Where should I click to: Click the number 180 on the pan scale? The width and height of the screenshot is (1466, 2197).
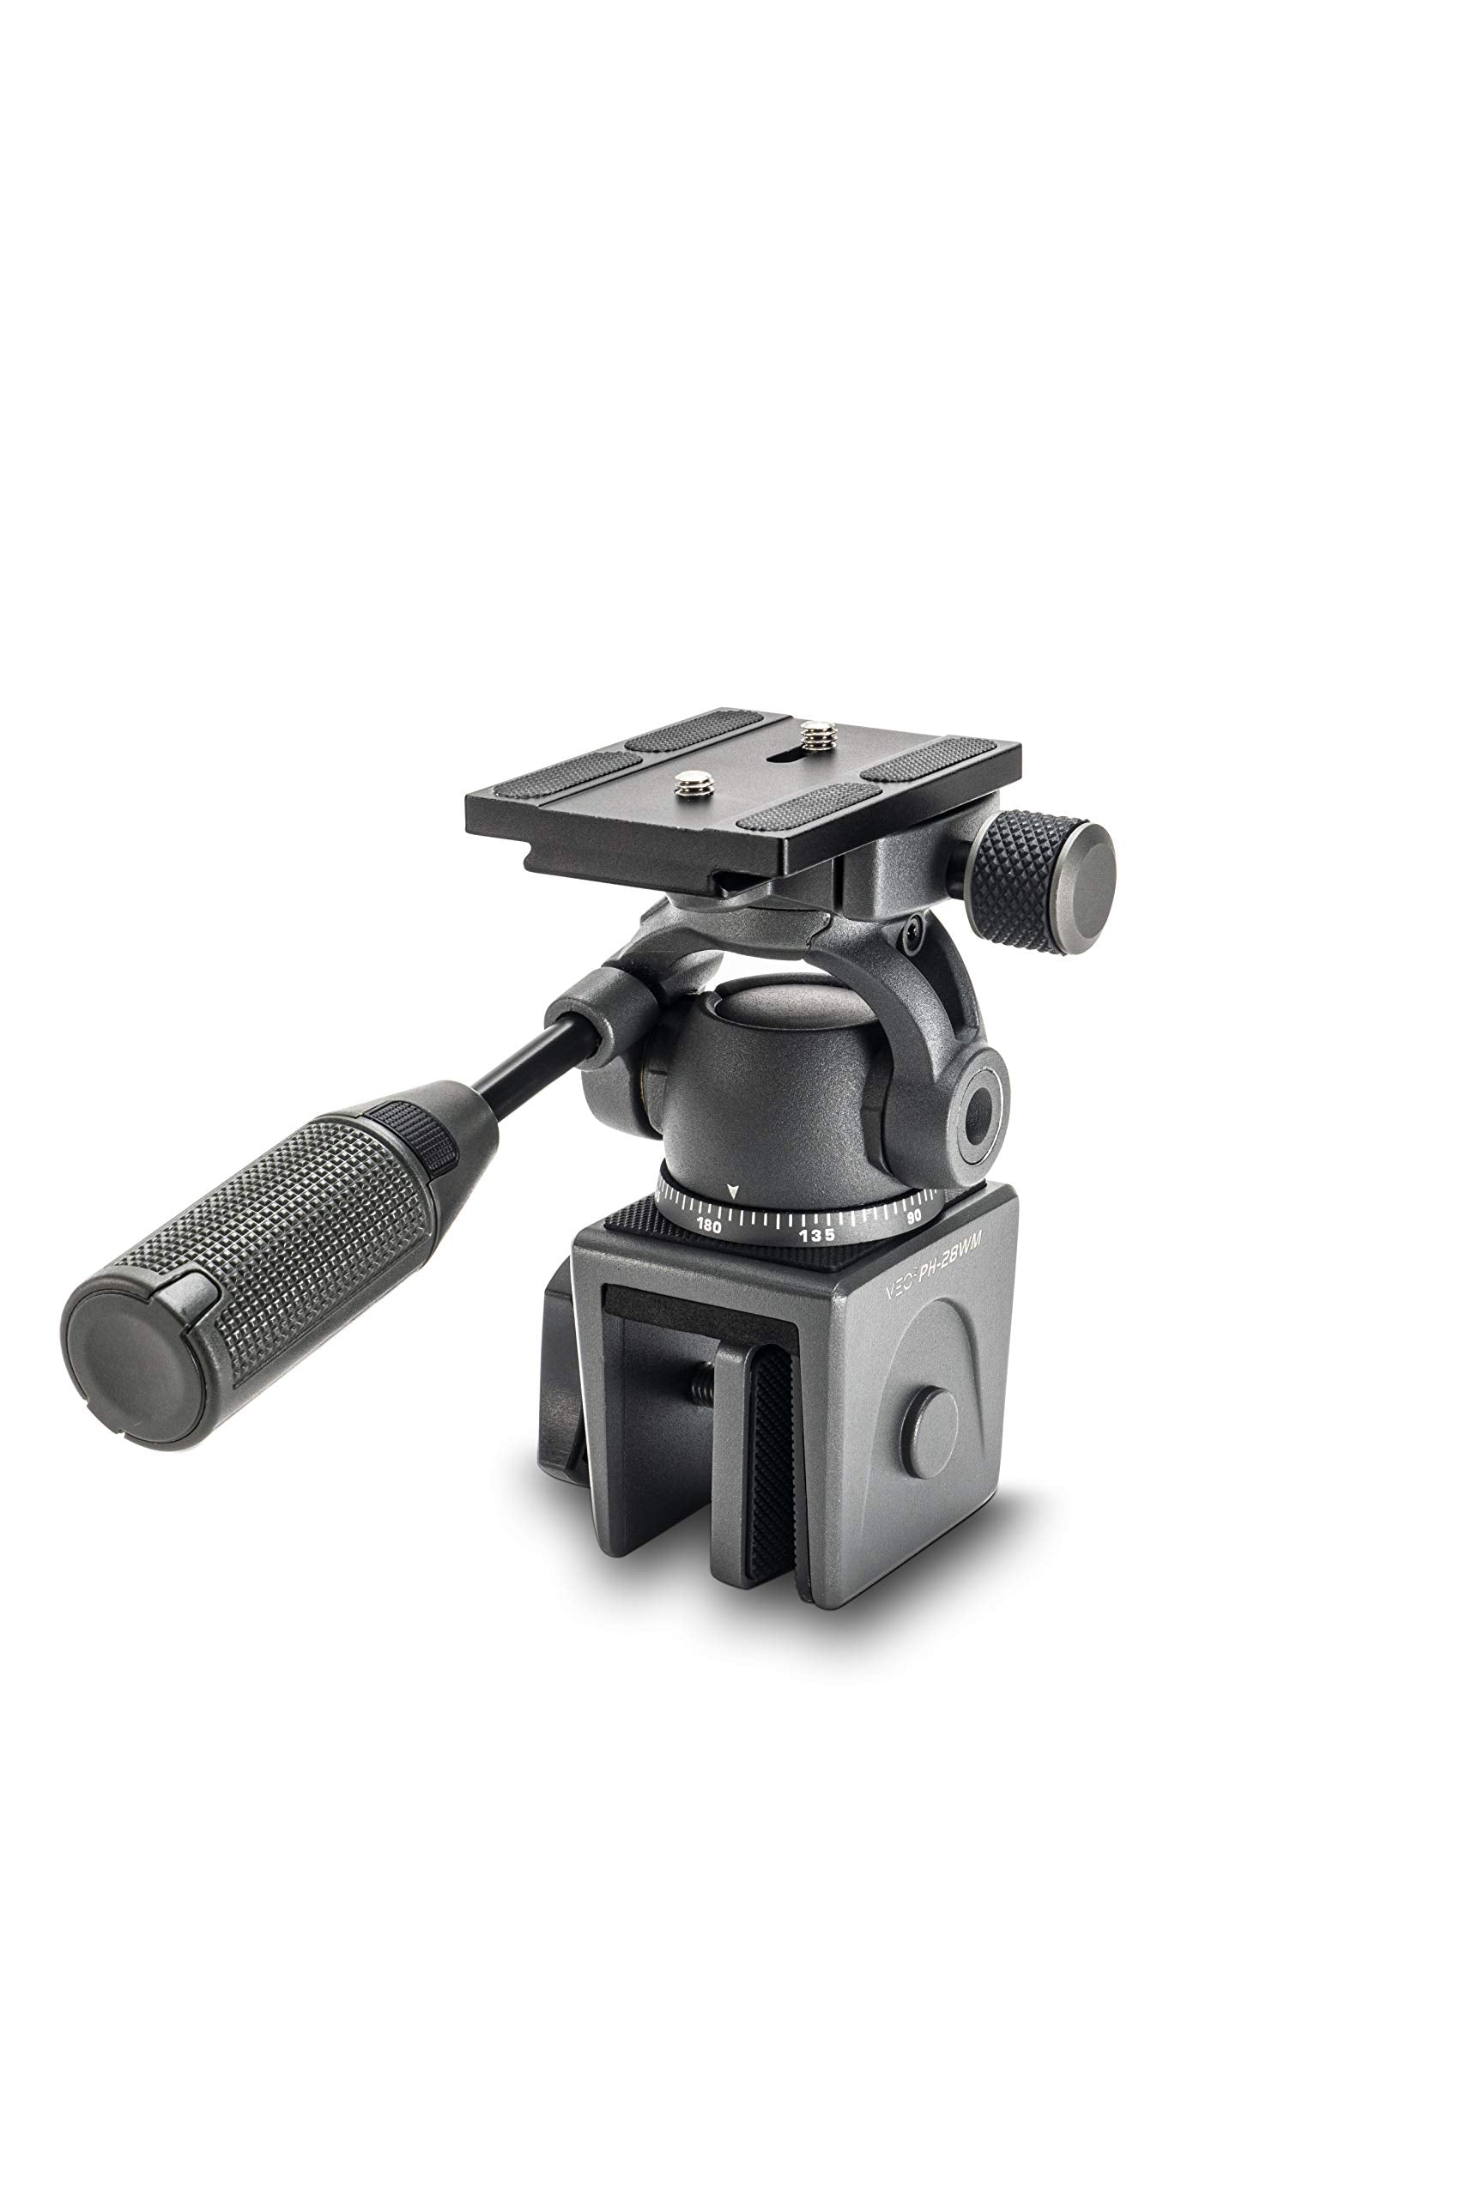709,1226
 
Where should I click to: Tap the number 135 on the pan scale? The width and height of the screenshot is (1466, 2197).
816,1235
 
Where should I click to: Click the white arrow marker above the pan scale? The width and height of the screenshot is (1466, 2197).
733,1193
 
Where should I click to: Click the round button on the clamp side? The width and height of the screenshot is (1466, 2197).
930,1434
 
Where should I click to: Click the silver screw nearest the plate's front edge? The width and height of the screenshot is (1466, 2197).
694,778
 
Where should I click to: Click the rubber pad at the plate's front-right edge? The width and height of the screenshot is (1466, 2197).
809,807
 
